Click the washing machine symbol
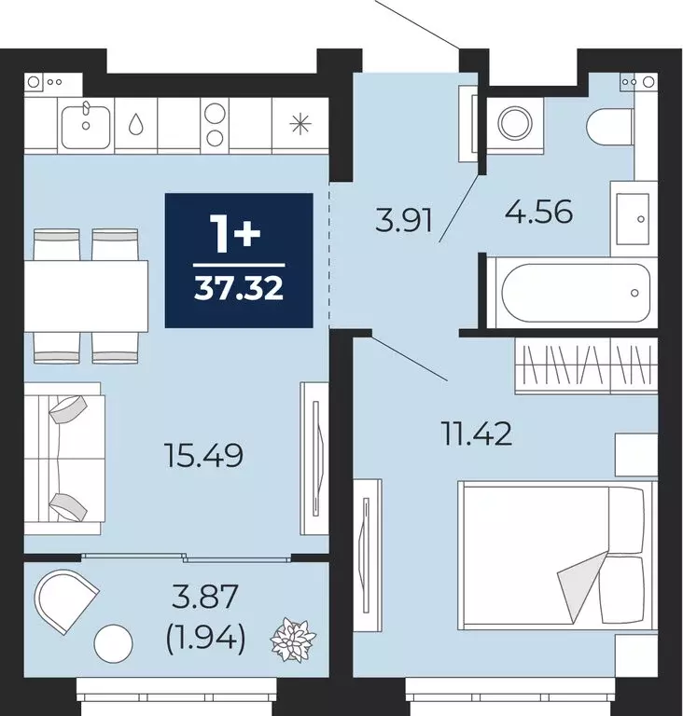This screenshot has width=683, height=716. coord(512,122)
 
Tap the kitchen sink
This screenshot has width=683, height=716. coord(86,123)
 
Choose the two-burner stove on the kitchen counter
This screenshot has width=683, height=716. coord(215,124)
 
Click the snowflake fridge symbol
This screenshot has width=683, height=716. coord(300,123)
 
